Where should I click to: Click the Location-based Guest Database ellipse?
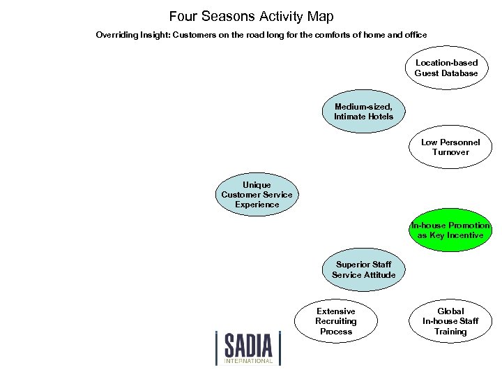coord(446,68)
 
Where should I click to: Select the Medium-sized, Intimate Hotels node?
coord(363,111)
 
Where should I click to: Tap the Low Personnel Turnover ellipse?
coord(450,147)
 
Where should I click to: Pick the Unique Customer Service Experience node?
coord(257,195)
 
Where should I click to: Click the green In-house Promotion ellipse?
coord(450,230)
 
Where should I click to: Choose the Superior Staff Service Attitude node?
coord(363,269)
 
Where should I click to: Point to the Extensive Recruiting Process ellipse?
coord(336,321)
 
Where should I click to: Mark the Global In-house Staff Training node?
coord(450,321)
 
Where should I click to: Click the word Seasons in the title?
coord(228,16)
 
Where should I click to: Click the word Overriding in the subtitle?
coord(116,34)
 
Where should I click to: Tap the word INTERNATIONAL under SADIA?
coord(248,361)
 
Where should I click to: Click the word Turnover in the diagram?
coord(450,152)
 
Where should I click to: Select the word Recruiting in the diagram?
coord(336,321)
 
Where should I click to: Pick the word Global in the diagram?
coord(450,311)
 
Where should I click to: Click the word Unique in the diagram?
coord(257,185)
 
